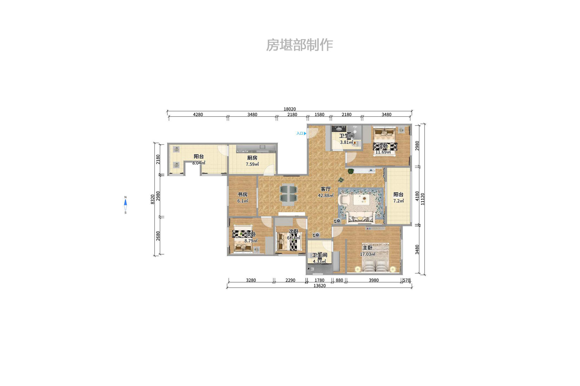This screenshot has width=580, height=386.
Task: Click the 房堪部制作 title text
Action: click(x=299, y=45)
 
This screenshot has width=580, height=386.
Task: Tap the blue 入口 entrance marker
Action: click(x=301, y=133)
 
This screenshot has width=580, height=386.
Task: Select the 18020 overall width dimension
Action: click(x=290, y=109)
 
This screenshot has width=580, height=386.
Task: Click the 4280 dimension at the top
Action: click(x=198, y=115)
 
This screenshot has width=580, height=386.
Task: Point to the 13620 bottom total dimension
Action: click(x=319, y=286)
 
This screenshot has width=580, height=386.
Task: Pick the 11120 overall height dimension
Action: click(x=422, y=199)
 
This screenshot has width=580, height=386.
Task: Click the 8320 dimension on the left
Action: click(x=153, y=199)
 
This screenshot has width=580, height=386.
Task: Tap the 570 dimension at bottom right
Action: click(x=406, y=280)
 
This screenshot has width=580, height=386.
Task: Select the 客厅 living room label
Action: click(x=326, y=189)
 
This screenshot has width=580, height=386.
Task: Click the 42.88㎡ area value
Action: click(x=326, y=196)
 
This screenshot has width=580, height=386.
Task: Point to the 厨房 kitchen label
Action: click(x=252, y=158)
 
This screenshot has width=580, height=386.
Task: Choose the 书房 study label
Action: click(x=243, y=194)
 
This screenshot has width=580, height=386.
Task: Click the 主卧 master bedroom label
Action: click(x=367, y=248)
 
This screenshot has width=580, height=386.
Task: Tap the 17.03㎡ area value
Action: click(x=368, y=254)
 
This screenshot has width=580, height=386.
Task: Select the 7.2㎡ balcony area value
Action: click(x=399, y=201)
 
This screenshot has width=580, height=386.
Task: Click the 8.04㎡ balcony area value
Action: click(x=199, y=163)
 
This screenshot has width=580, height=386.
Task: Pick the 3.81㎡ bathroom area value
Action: click(x=346, y=142)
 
